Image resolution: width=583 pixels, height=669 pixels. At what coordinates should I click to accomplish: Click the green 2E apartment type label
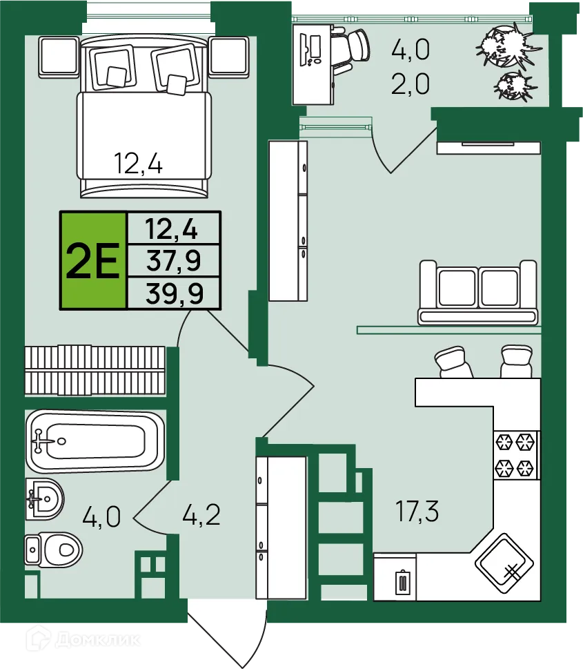pos(93,260)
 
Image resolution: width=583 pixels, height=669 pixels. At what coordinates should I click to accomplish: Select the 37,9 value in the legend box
pos(174,261)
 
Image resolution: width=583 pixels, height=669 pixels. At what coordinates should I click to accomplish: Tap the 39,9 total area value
pos(174,293)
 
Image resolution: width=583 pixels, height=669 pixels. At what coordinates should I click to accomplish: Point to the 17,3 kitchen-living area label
pos(417,511)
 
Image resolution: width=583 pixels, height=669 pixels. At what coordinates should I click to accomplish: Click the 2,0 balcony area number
pos(411,84)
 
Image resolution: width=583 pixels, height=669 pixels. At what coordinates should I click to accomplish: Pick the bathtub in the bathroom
pos(95,441)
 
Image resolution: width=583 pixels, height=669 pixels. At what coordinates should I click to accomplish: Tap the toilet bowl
pos(53,550)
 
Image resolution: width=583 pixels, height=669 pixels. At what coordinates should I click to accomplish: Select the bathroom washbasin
pos(44,498)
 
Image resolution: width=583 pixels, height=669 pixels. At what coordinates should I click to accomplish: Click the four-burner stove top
pos(516,455)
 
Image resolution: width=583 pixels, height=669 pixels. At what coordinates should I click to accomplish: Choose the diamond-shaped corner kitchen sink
pos(504,563)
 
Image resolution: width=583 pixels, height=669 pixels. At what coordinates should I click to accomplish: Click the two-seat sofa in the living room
pos(477,292)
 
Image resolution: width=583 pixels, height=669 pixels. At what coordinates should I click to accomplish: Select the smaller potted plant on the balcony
pos(513,86)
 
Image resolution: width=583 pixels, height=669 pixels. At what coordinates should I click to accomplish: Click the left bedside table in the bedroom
pos(59,57)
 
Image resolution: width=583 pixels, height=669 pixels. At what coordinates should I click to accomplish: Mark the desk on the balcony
pos(313,64)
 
